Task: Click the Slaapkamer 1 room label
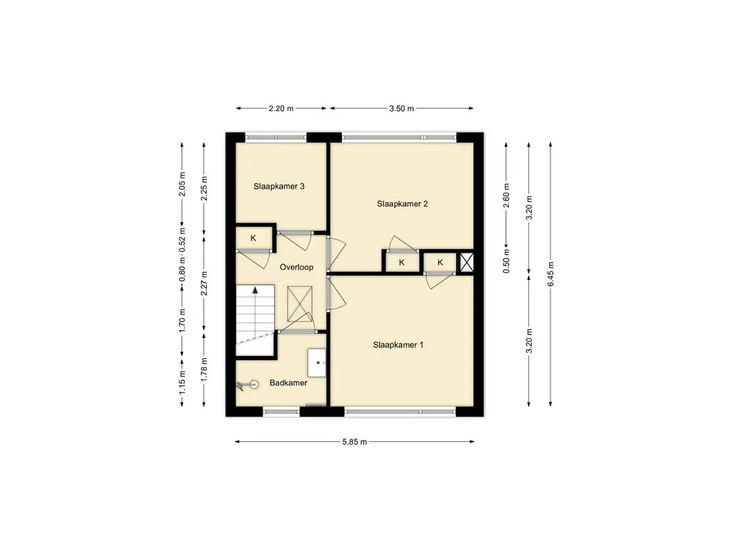click(398, 345)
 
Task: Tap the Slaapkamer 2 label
click(402, 204)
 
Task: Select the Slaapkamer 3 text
click(279, 186)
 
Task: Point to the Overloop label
click(296, 267)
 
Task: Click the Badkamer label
click(288, 382)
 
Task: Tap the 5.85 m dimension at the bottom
click(354, 441)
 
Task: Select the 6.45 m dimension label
click(550, 274)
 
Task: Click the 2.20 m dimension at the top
click(281, 109)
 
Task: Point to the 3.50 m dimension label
click(402, 109)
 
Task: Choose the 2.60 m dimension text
click(506, 196)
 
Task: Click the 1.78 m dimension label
click(204, 370)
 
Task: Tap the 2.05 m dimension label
click(183, 184)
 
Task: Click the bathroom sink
click(316, 362)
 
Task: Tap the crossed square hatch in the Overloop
click(299, 304)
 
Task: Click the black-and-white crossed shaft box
click(466, 262)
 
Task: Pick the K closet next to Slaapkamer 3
click(253, 238)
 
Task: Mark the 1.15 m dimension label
click(183, 382)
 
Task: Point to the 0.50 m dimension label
click(506, 261)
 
